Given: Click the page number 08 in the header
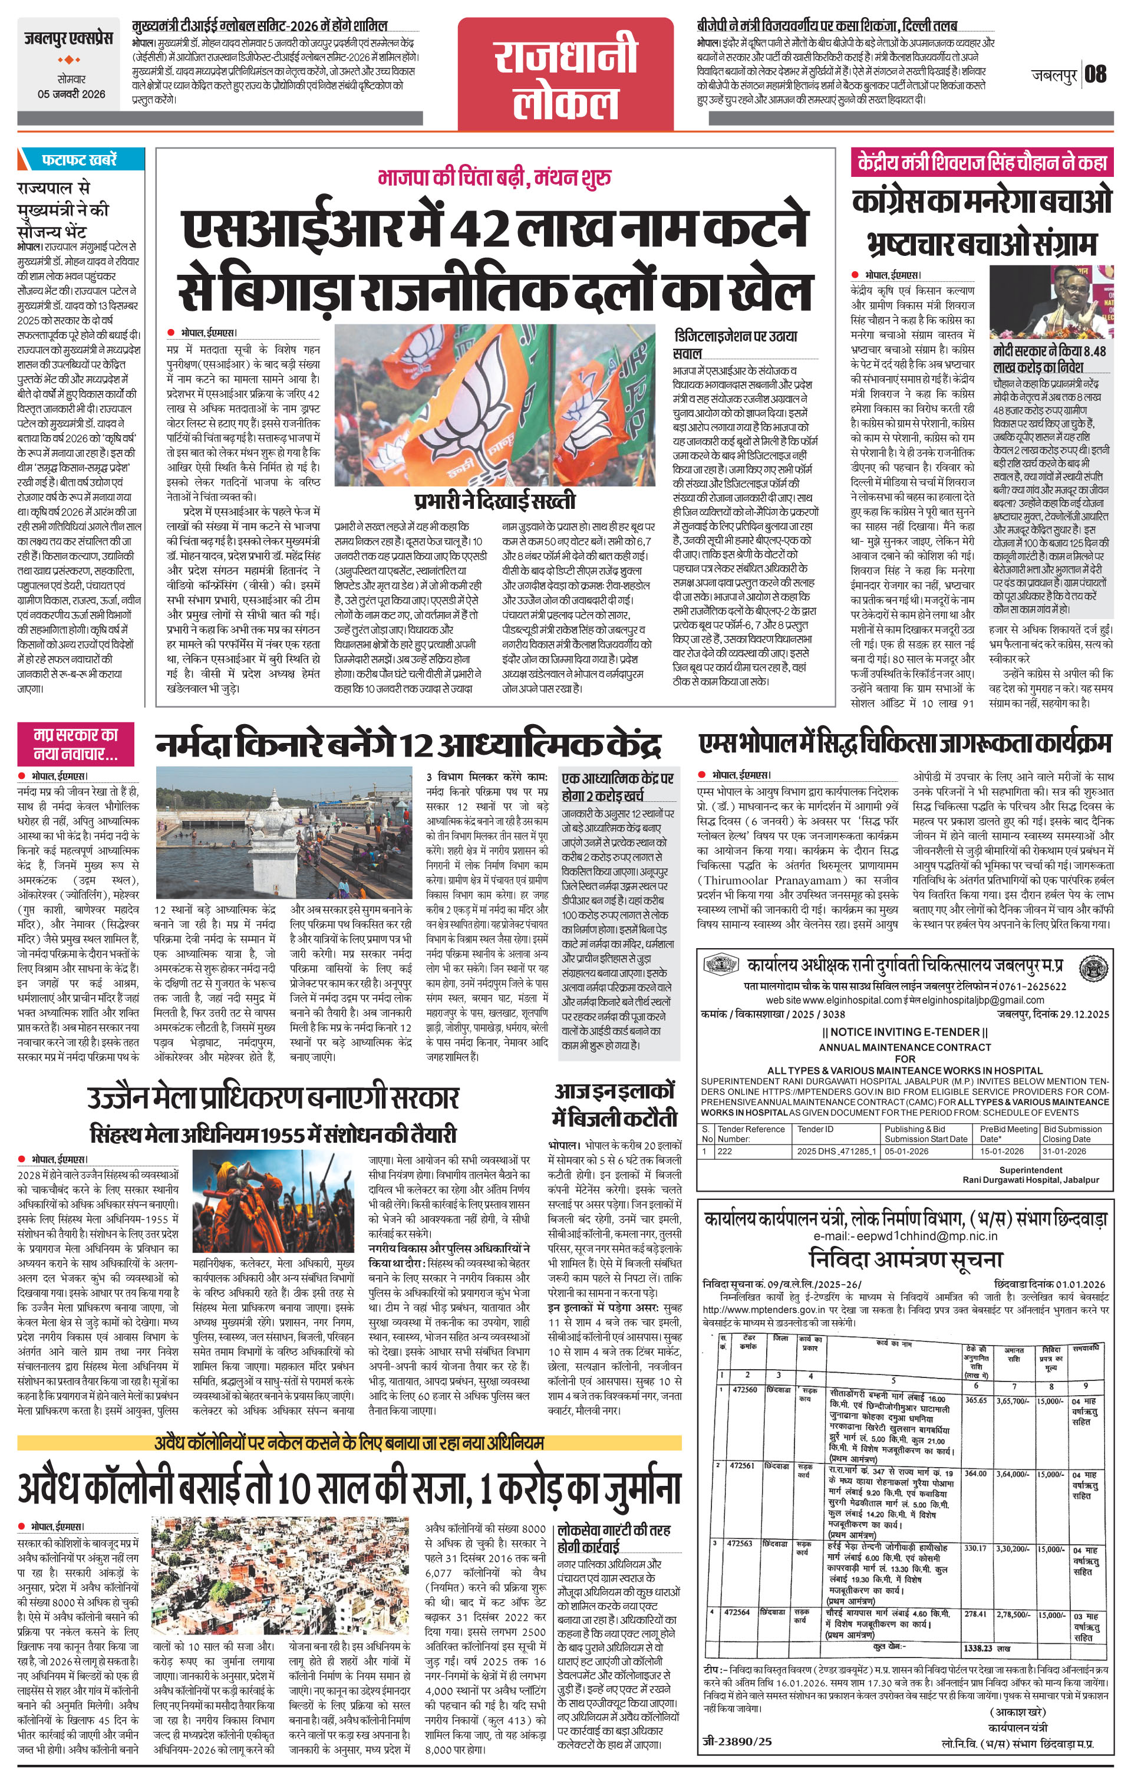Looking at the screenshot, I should pyautogui.click(x=1096, y=74).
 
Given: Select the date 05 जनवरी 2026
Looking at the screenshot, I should pyautogui.click(x=71, y=94).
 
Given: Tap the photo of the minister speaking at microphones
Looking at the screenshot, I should pyautogui.click(x=1051, y=302).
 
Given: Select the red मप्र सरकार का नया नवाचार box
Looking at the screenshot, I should pyautogui.click(x=76, y=744).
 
